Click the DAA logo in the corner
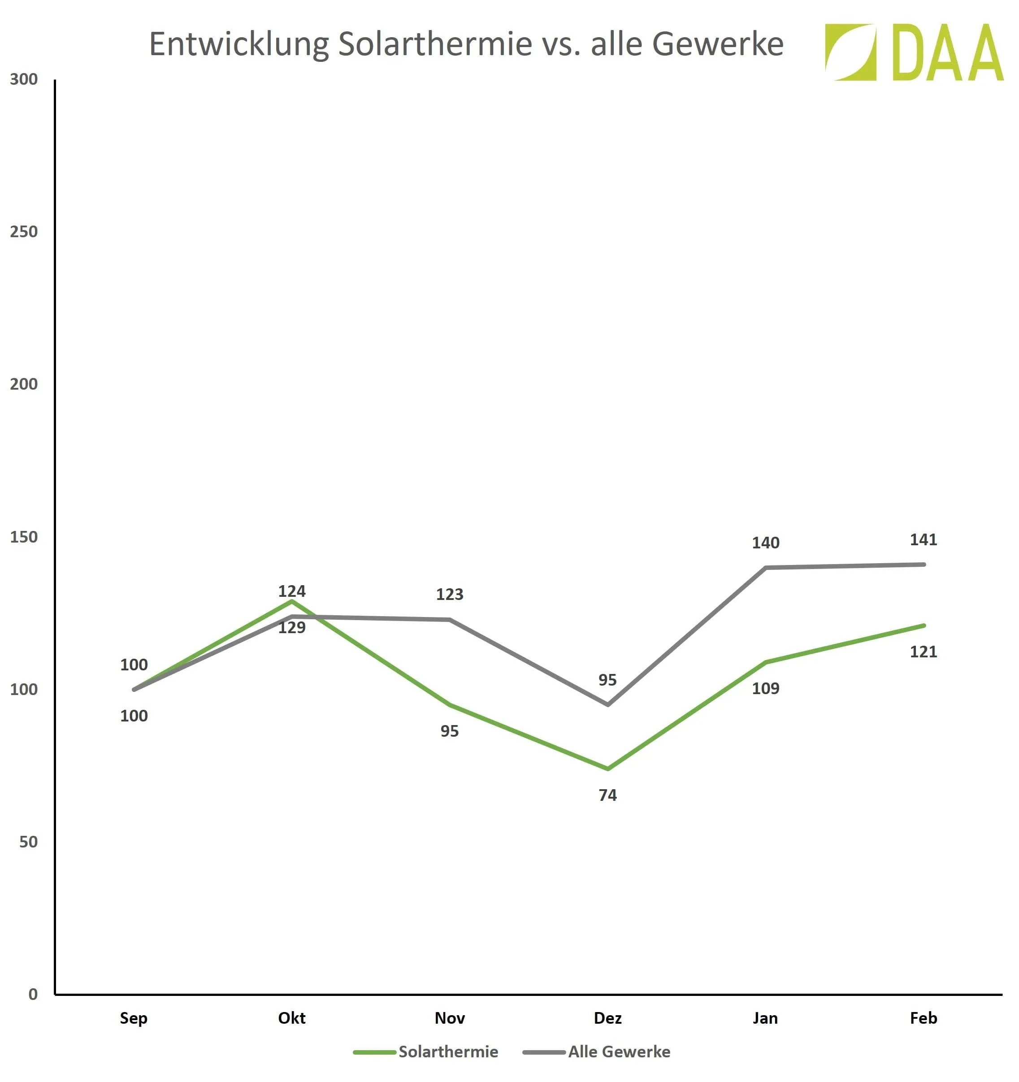[x=914, y=52]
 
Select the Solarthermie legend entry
[x=448, y=1052]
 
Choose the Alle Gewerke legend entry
[x=619, y=1052]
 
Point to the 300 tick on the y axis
[x=24, y=79]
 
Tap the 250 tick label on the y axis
[x=24, y=232]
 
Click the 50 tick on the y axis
[x=28, y=842]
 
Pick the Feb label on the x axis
[x=923, y=1018]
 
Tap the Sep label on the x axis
[x=134, y=1018]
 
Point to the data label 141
[x=923, y=540]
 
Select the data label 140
[x=765, y=543]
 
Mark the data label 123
[x=449, y=594]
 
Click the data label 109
[x=765, y=688]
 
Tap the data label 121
[x=923, y=652]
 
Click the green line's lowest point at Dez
[x=608, y=769]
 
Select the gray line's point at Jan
[x=765, y=568]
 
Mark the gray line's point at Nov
[x=449, y=619]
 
